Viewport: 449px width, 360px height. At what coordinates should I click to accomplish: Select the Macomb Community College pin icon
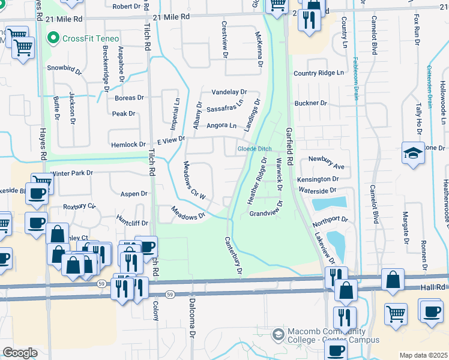click(278, 334)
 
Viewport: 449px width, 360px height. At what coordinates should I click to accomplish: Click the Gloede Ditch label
click(254, 148)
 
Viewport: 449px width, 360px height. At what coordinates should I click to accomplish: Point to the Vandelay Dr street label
click(229, 92)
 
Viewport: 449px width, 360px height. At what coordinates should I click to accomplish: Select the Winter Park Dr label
click(72, 173)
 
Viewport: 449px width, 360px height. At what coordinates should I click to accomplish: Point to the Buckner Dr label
click(310, 103)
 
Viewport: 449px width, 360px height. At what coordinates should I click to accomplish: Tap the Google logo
click(20, 353)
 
